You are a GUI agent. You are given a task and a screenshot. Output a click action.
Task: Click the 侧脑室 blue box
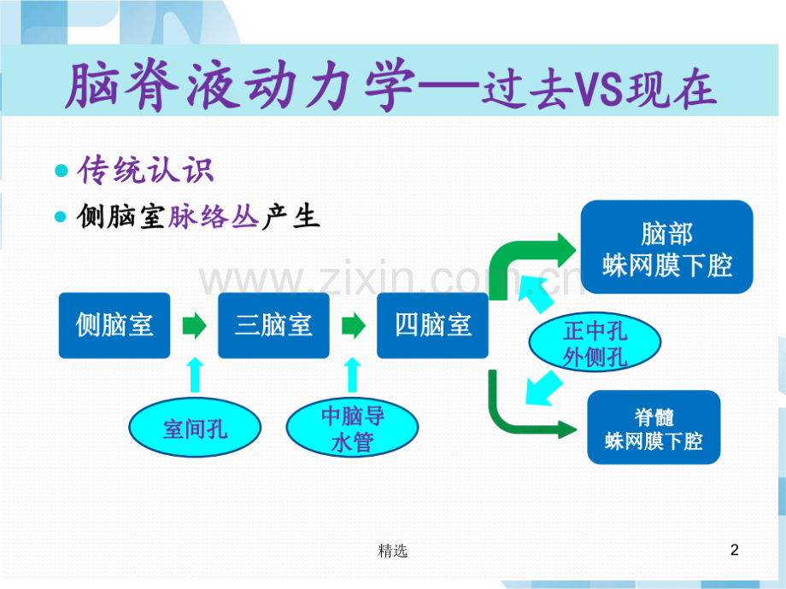pos(114,325)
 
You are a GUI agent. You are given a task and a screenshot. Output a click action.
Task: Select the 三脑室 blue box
pos(273,325)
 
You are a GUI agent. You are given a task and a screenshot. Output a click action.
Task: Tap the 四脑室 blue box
pos(433,325)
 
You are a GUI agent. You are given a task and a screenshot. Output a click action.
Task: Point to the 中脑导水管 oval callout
pos(352,428)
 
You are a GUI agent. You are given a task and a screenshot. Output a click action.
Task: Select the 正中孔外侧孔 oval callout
pos(595,344)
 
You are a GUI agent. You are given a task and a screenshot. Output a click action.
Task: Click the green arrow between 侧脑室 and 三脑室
pos(195,325)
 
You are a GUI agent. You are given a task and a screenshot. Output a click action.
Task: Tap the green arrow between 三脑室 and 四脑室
pos(354,325)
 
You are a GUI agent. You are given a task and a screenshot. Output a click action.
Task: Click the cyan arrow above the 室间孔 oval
pos(196,376)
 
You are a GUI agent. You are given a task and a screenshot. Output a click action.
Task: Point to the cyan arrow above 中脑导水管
pos(353,376)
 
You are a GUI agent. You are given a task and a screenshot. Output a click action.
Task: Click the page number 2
pos(735,551)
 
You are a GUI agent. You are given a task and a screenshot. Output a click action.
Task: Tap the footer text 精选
pos(392,551)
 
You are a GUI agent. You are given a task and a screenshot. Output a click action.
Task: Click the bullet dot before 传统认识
pos(61,171)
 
